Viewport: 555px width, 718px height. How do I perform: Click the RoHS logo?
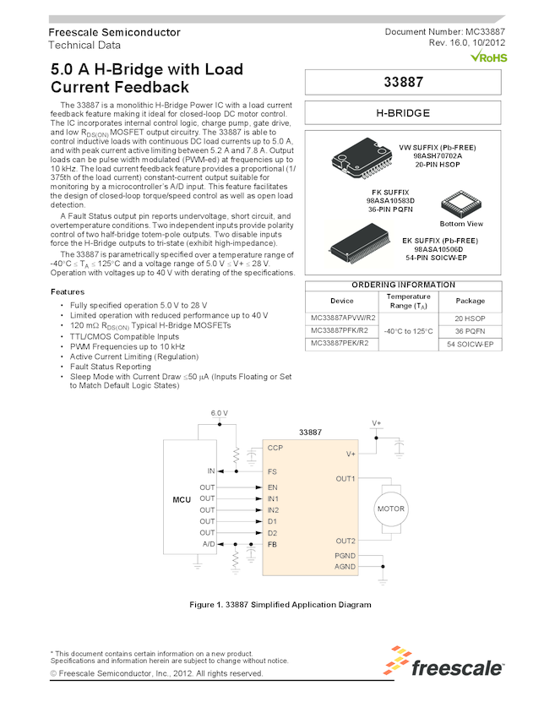coord(487,57)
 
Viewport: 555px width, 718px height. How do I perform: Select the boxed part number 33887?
coord(403,83)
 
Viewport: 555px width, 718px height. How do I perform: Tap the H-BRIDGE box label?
coord(403,113)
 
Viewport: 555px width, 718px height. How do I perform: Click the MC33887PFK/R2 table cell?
coord(340,330)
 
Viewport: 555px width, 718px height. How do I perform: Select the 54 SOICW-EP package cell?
coord(471,345)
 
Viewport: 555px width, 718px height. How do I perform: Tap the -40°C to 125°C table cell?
coord(408,331)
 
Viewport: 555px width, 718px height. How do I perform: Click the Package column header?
coord(471,301)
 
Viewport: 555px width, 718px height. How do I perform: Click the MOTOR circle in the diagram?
coord(391,509)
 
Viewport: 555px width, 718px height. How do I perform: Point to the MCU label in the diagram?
coord(182,500)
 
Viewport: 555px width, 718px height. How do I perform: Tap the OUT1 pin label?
coord(346,479)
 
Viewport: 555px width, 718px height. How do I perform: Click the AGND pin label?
coord(346,567)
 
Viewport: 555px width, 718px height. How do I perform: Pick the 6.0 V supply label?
coord(219,413)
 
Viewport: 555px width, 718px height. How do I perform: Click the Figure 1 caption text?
coord(280,605)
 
